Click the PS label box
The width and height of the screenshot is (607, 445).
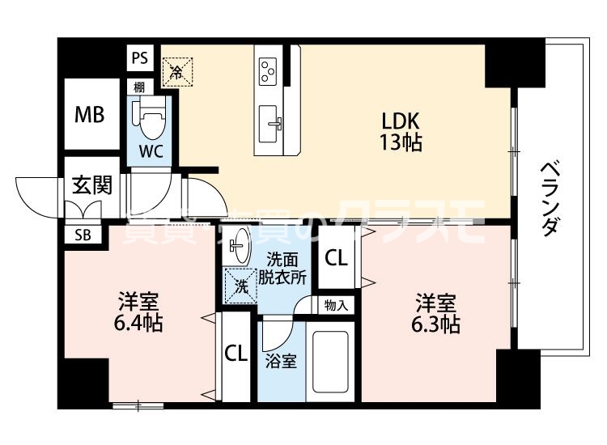pos(140,58)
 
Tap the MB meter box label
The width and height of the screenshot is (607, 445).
pos(90,114)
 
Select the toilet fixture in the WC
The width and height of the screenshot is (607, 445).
pos(149,120)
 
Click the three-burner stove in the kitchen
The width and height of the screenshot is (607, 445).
pos(269,70)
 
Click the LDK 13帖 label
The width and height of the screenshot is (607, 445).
pos(401,132)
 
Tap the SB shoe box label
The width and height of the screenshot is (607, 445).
pos(83,235)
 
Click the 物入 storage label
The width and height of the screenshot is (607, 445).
pos(336,306)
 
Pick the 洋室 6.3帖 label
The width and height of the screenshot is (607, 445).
pos(438,314)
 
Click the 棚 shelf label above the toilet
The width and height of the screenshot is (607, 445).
pos(140,85)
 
